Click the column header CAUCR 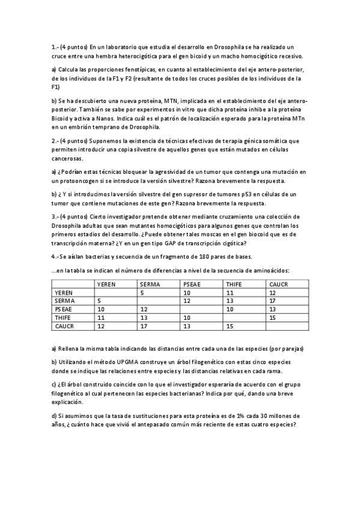pyautogui.click(x=278, y=284)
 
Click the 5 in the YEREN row pyautogui.click(x=142, y=292)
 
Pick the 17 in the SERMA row pyautogui.click(x=272, y=301)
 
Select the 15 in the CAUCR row pyautogui.click(x=228, y=326)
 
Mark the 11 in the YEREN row pyautogui.click(x=228, y=292)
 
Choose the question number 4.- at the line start pyautogui.click(x=55, y=257)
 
